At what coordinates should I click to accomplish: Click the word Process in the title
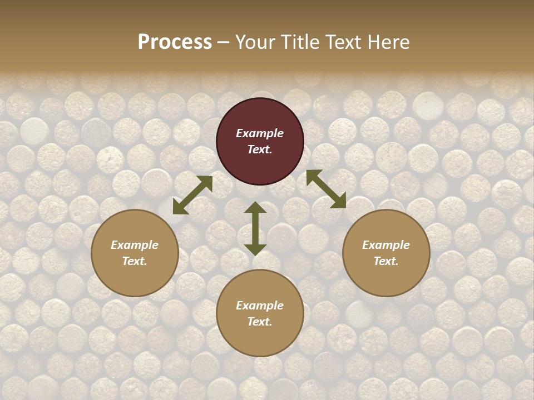(175, 42)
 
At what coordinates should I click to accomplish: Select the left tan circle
(135, 253)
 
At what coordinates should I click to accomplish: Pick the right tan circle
(386, 253)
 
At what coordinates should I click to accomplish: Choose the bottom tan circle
(260, 313)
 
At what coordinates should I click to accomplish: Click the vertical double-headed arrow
(255, 228)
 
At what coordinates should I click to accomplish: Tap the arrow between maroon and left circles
(192, 195)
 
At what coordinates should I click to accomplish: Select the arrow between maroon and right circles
(326, 189)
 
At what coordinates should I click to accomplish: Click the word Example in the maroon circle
(260, 133)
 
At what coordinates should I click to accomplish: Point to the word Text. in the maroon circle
(260, 149)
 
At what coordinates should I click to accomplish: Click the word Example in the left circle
(135, 245)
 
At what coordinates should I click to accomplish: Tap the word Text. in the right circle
(386, 261)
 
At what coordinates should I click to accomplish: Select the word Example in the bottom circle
(260, 306)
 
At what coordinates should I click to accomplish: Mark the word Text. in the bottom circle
(260, 322)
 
